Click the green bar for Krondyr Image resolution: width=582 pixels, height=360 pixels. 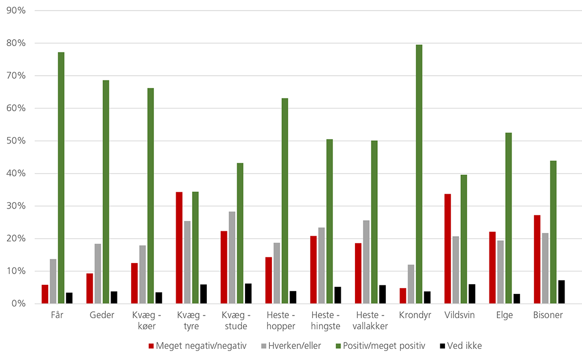[419, 174]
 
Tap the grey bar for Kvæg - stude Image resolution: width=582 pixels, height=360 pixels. [232, 257]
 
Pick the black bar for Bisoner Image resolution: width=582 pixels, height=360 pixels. [561, 292]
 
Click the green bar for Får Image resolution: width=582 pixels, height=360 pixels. [61, 178]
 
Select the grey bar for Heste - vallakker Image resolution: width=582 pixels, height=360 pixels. [366, 262]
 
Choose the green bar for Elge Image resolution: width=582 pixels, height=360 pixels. [508, 218]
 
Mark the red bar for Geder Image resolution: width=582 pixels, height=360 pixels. [90, 289]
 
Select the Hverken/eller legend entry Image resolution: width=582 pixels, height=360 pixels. [292, 346]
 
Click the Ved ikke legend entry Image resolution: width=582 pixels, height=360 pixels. [461, 346]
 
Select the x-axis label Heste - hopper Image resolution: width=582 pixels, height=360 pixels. [280, 320]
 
